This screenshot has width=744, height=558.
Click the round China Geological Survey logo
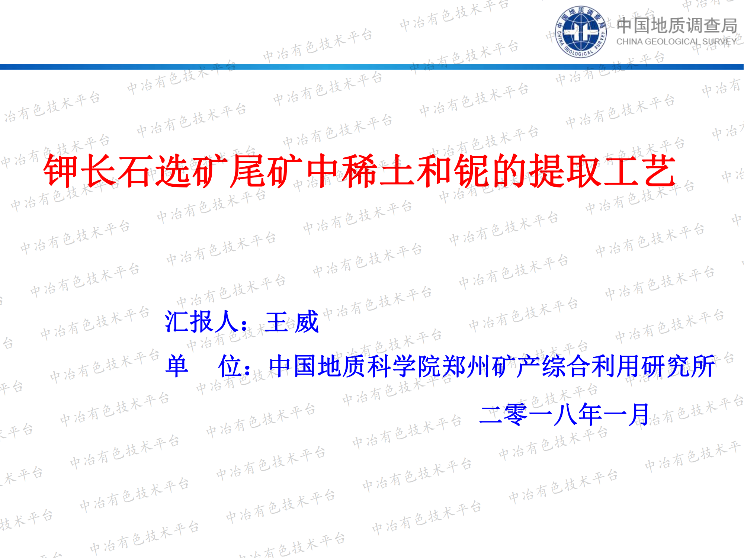point(581,32)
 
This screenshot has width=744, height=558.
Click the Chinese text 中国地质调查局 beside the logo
point(677,26)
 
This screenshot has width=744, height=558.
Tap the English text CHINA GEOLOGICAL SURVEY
point(676,42)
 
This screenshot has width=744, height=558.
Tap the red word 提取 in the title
point(565,171)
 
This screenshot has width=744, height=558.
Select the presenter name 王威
point(292,322)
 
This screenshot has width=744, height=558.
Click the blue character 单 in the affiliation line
point(177,366)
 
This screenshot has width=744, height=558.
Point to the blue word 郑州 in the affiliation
point(466,366)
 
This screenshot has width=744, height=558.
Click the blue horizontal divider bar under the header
point(372,67)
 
